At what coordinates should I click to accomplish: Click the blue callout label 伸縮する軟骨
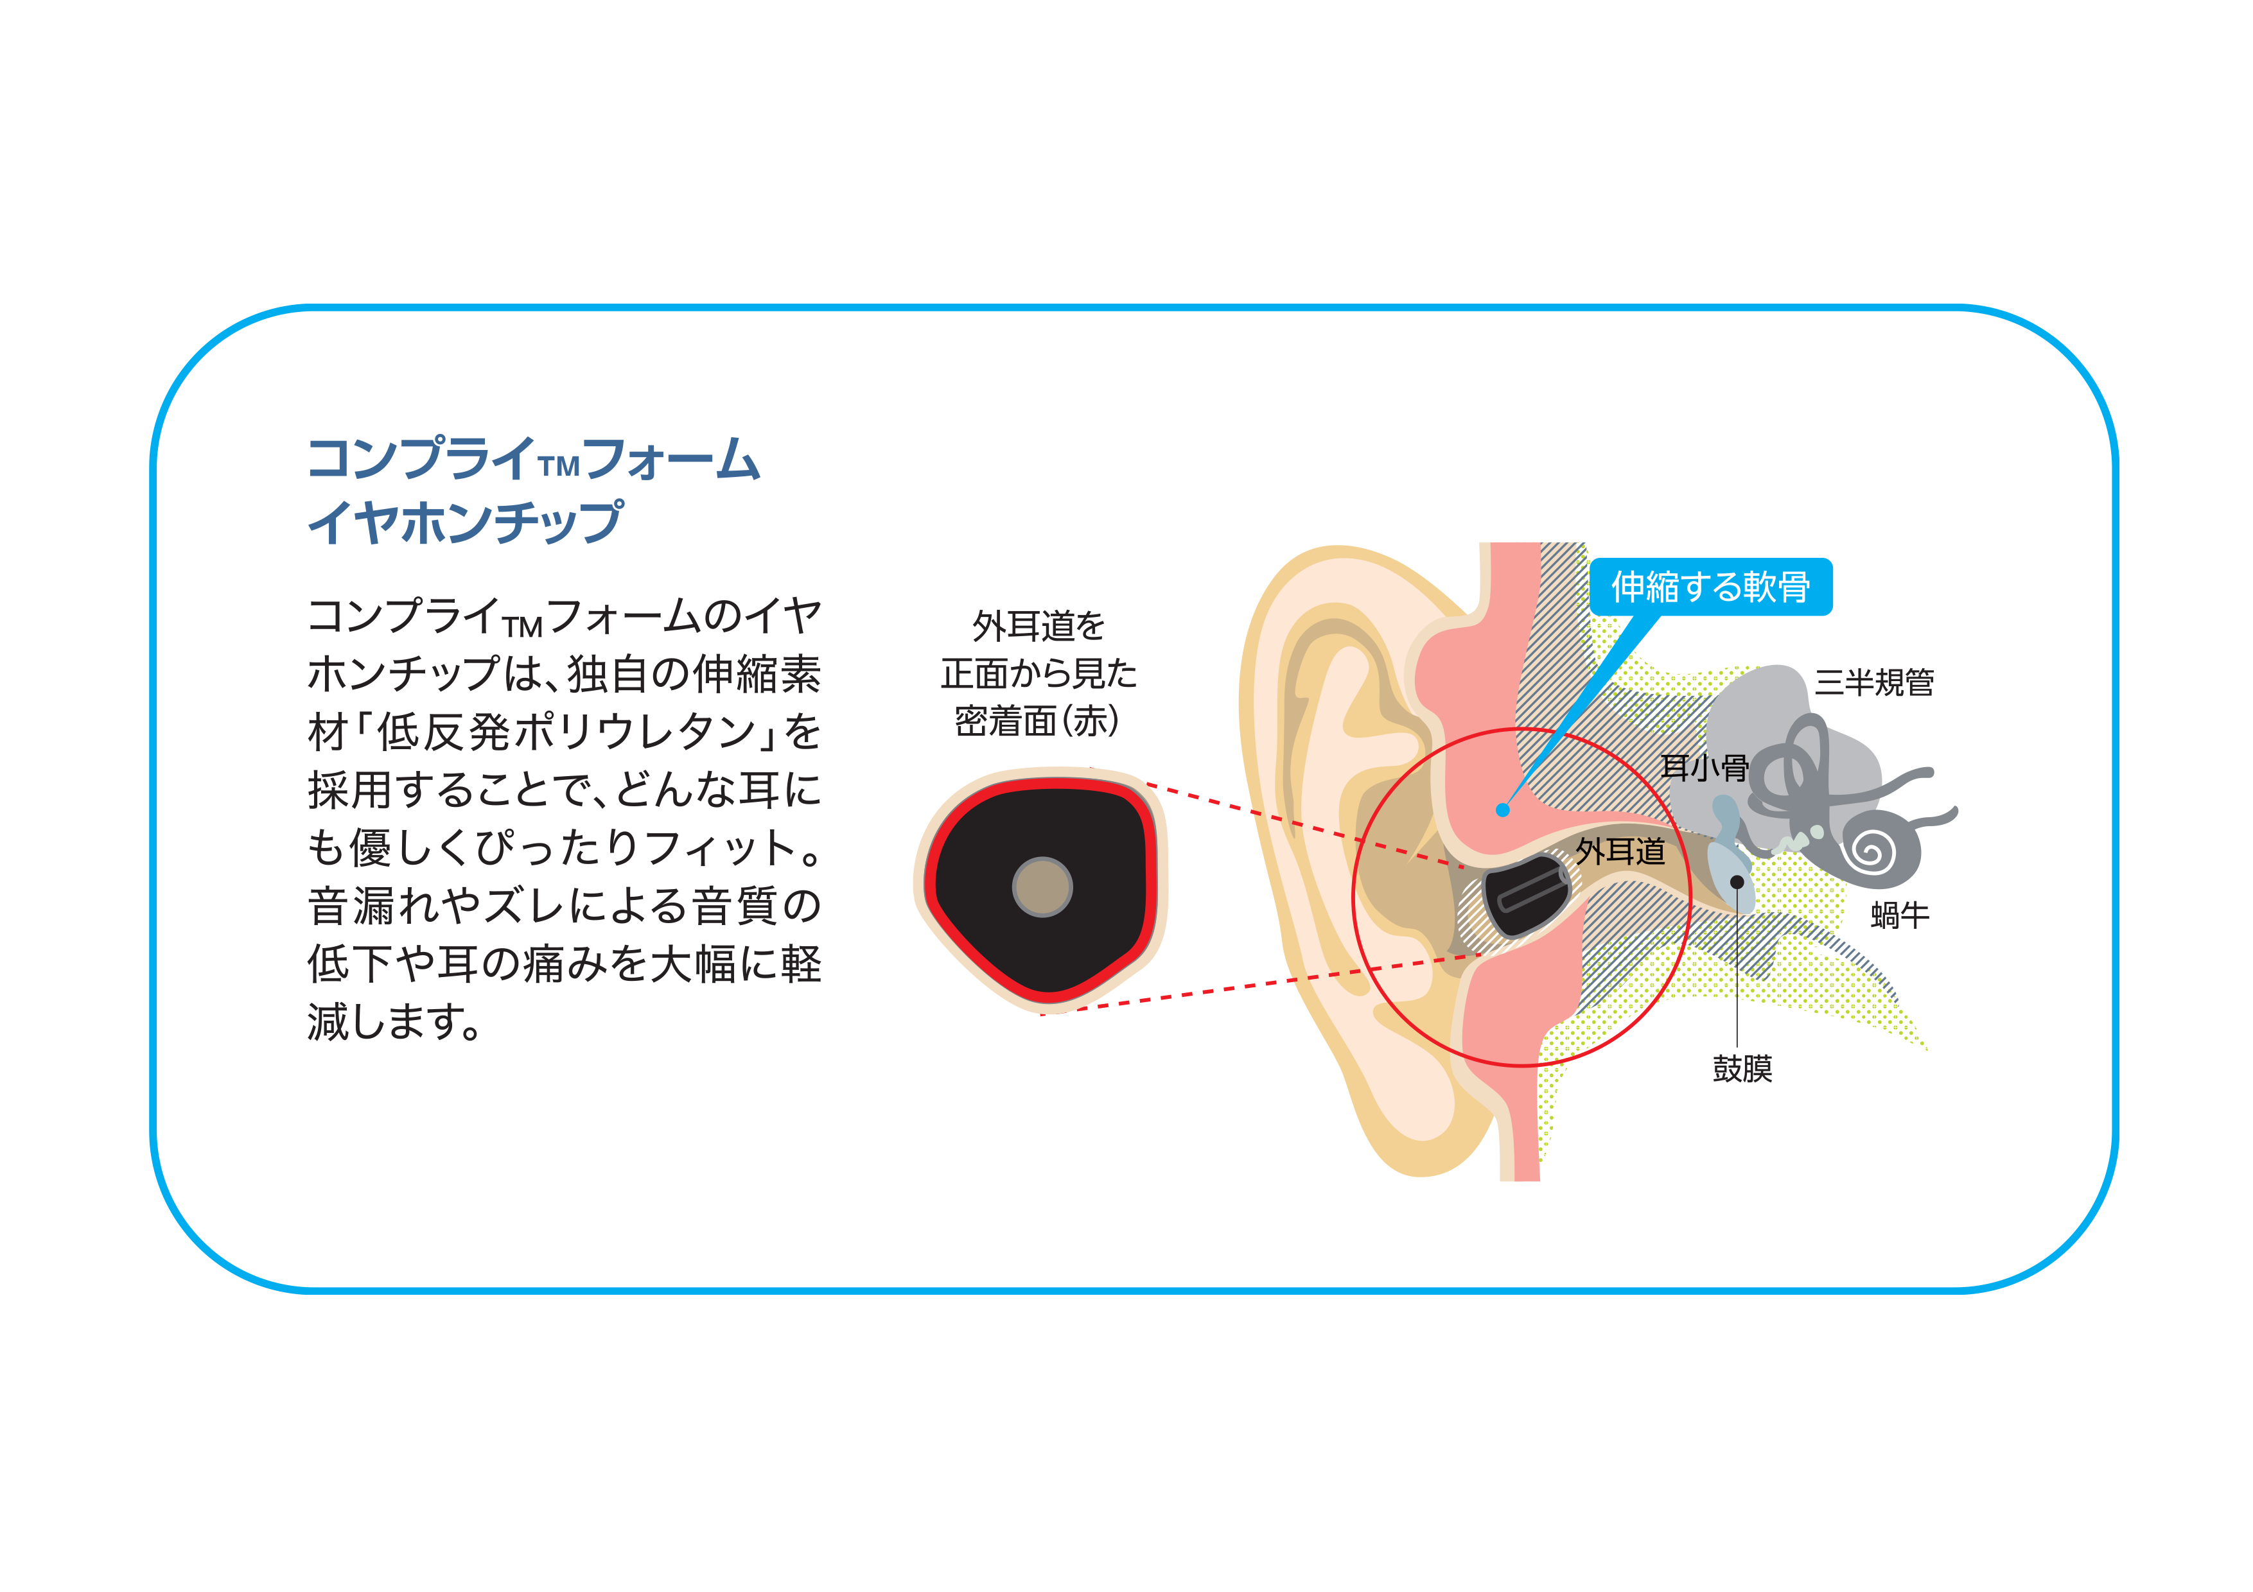(x=1710, y=587)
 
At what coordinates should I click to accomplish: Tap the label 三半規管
(x=1873, y=682)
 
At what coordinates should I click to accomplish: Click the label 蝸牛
(x=1900, y=915)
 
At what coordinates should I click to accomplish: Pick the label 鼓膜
(x=1742, y=1068)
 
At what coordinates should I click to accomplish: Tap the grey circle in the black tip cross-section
(x=1042, y=887)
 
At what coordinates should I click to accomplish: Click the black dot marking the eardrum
(x=1737, y=882)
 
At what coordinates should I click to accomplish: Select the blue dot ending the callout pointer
(x=1502, y=809)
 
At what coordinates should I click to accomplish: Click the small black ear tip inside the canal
(x=1523, y=895)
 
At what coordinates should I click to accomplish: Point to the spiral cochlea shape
(x=1877, y=849)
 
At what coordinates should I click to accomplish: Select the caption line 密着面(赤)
(x=1037, y=721)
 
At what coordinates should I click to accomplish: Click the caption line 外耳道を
(x=1038, y=625)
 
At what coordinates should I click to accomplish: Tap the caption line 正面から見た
(x=1038, y=673)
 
